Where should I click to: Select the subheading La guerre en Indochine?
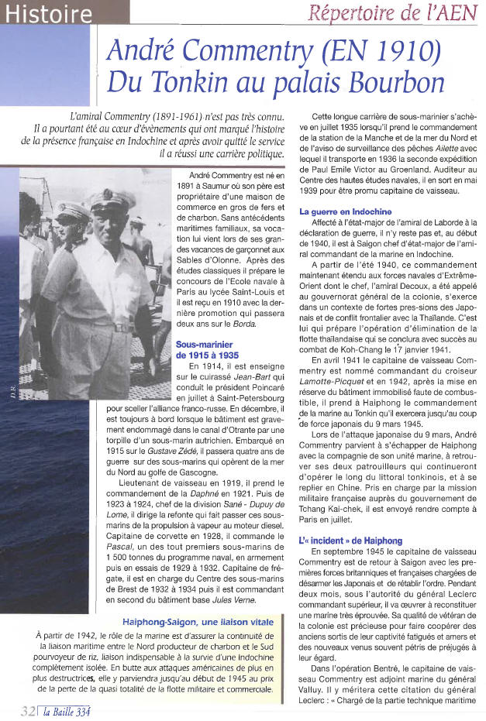(x=346, y=211)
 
